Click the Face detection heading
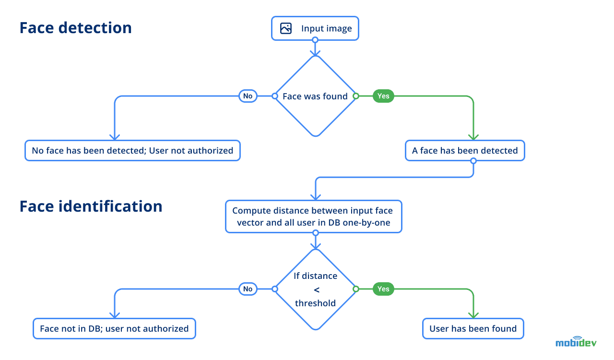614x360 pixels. [x=75, y=28]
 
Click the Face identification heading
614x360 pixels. [x=91, y=206]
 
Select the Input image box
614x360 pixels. [x=315, y=28]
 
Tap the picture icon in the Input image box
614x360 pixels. [x=286, y=28]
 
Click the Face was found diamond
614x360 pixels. [x=315, y=96]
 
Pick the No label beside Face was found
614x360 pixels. [x=248, y=96]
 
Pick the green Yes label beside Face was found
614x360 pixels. [x=383, y=96]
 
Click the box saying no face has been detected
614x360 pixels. [x=132, y=151]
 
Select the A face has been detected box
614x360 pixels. [x=465, y=151]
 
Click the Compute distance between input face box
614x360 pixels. [x=313, y=217]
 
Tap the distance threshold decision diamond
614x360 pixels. [x=315, y=289]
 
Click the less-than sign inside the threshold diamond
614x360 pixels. [x=316, y=289]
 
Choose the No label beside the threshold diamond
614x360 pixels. [x=248, y=289]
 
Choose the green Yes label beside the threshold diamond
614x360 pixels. [x=383, y=289]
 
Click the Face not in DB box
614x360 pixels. [x=114, y=329]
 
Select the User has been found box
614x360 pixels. [x=473, y=329]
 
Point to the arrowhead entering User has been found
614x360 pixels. [x=473, y=315]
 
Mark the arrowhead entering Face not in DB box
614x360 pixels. [x=114, y=315]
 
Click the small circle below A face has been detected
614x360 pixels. [x=473, y=161]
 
